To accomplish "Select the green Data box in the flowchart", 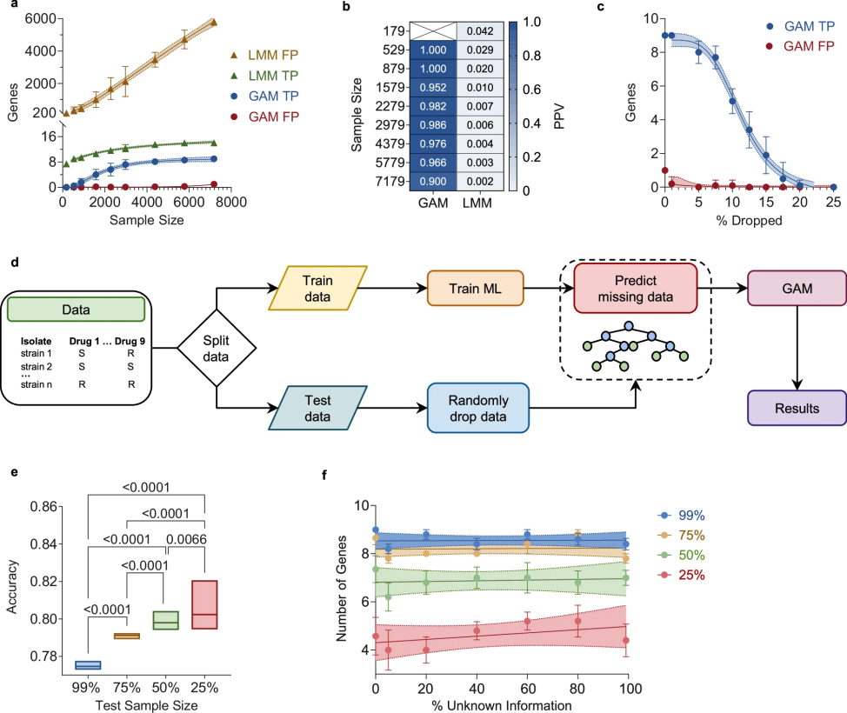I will pyautogui.click(x=77, y=309).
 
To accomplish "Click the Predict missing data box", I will pyautogui.click(x=636, y=288).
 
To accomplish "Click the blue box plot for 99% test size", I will pyautogui.click(x=88, y=665).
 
